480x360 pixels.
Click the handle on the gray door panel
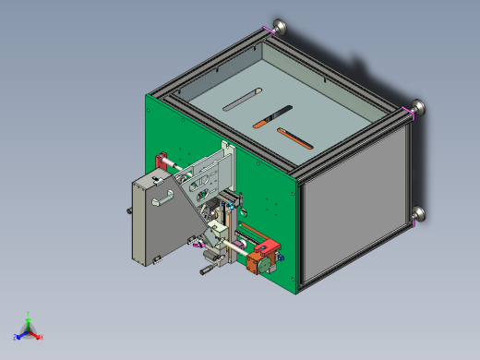coord(163,197)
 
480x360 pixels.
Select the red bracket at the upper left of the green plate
coord(162,159)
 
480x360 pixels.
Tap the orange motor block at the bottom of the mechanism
coord(256,263)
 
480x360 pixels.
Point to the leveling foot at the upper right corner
coord(418,108)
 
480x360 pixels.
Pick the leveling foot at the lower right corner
coord(419,216)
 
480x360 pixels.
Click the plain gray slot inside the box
coord(243,100)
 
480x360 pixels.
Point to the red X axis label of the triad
coord(42,337)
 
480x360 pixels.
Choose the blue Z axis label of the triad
coord(16,337)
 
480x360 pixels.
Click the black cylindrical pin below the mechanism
coord(206,271)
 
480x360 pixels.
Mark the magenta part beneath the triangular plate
coord(197,245)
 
